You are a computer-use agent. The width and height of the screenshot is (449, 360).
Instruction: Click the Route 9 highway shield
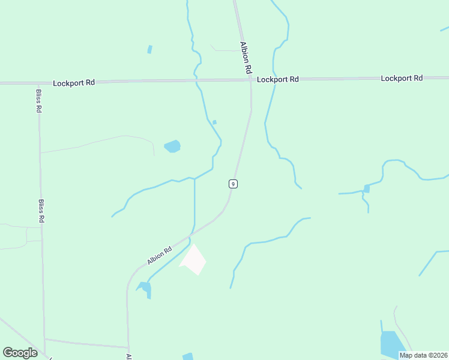coord(233,184)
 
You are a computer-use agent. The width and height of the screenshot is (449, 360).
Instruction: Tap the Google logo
coord(20,352)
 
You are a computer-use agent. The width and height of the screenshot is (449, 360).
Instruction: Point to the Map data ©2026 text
coord(423,355)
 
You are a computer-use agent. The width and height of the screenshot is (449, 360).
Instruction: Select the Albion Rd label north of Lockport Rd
coord(245,58)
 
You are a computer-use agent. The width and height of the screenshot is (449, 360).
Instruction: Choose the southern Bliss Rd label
coord(41,211)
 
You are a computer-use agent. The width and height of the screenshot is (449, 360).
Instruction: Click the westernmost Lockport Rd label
coord(74,83)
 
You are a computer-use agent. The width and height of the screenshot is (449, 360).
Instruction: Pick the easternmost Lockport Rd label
coord(402,78)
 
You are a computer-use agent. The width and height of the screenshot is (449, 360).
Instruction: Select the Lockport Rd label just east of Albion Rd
coord(278,79)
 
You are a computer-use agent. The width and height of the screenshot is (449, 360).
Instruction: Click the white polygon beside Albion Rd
coord(193,260)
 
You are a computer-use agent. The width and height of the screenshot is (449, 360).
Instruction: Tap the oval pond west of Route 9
coord(172,146)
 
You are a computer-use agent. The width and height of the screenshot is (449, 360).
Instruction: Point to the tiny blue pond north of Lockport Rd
coord(149,49)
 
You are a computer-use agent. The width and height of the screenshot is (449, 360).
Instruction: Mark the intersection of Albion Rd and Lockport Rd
coord(250,80)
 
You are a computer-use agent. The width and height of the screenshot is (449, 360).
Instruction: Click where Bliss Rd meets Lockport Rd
coord(38,83)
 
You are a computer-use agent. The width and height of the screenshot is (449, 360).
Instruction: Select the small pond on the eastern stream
coord(366,188)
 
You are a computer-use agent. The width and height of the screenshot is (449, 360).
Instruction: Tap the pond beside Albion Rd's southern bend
coord(146,289)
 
